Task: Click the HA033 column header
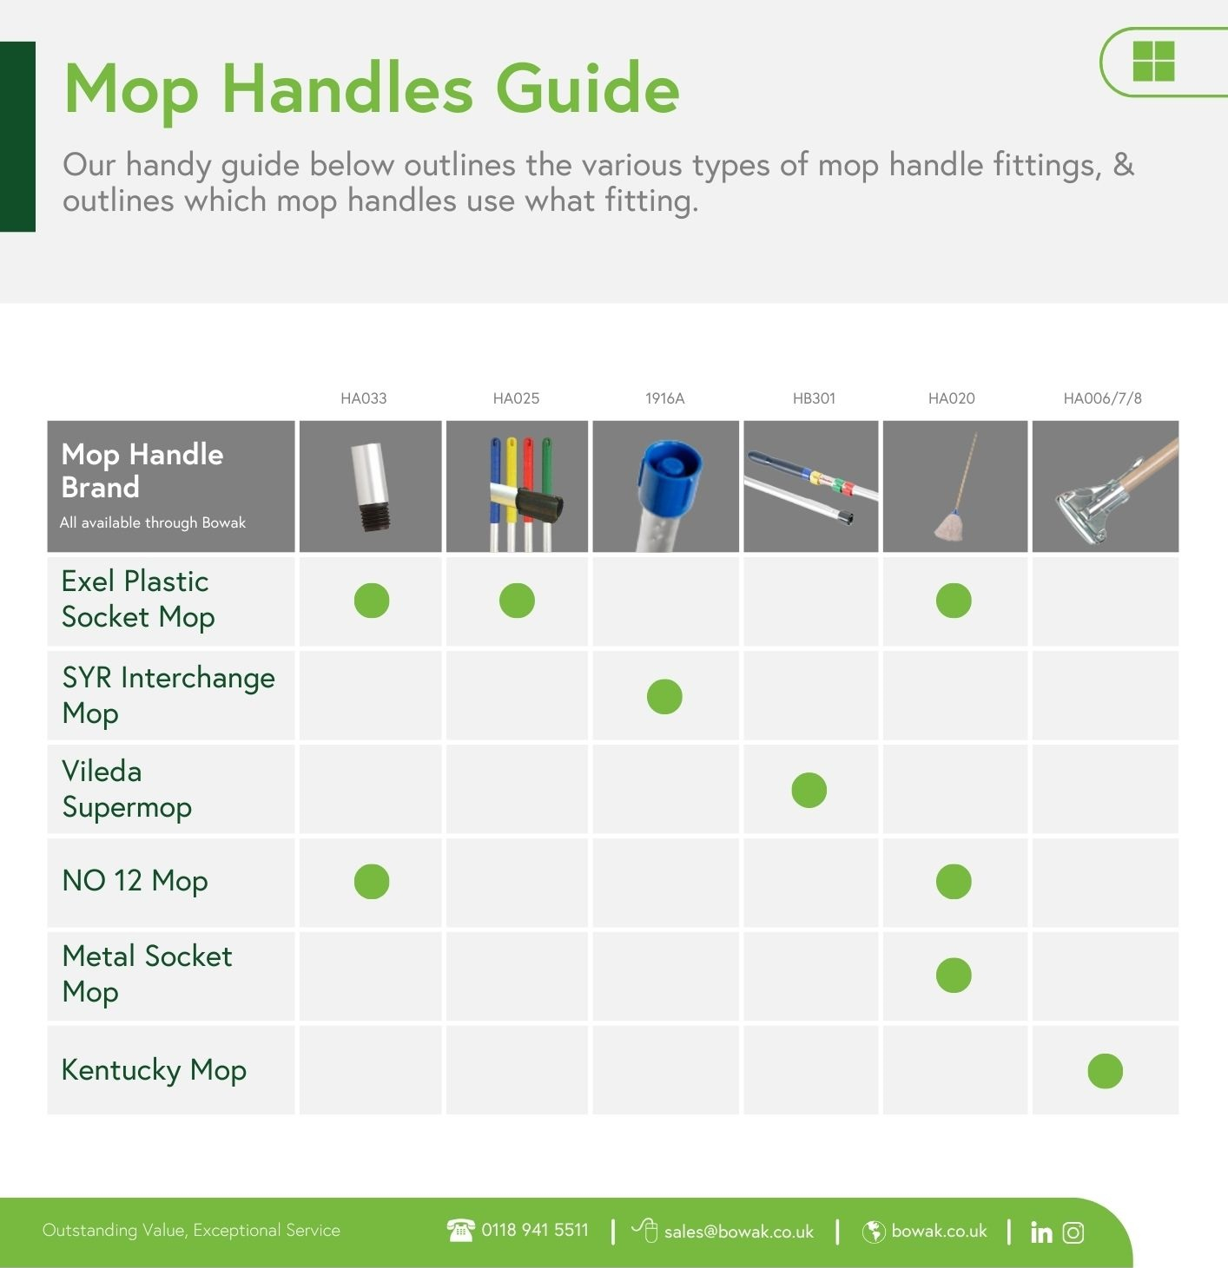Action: (x=363, y=398)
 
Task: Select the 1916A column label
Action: (x=664, y=398)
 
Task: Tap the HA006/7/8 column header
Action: (x=1102, y=398)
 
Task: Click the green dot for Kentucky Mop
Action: (x=1105, y=1071)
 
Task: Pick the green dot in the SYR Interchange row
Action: (x=664, y=696)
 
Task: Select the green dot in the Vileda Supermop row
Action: (x=809, y=790)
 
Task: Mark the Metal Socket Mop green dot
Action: (x=954, y=975)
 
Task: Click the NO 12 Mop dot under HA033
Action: (x=372, y=881)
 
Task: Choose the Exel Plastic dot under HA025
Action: (x=517, y=601)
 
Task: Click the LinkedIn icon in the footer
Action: (x=1041, y=1232)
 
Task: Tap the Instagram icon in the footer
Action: (x=1073, y=1232)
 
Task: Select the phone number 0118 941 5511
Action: (x=534, y=1230)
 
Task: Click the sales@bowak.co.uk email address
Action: (x=738, y=1232)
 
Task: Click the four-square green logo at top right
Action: (x=1153, y=62)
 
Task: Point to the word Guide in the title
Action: (x=587, y=89)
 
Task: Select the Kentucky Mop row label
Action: (x=154, y=1070)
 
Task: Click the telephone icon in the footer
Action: (x=460, y=1230)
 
